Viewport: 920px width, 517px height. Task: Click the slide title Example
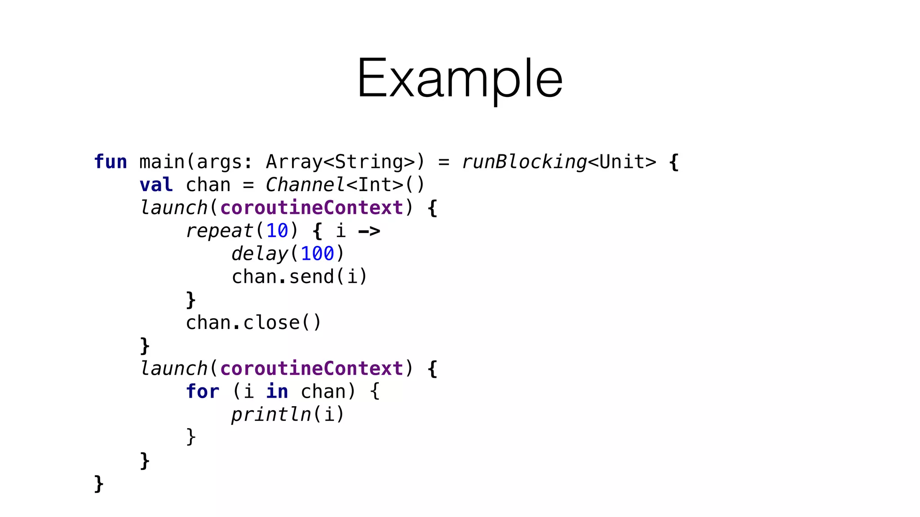(x=460, y=79)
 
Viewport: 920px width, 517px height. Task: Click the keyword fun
(x=111, y=162)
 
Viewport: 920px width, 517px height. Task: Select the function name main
(x=162, y=162)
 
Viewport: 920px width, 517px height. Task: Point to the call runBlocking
(x=524, y=162)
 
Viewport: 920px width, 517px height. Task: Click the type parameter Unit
(x=622, y=162)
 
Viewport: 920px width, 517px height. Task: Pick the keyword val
(x=156, y=185)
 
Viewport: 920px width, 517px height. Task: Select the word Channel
(x=305, y=185)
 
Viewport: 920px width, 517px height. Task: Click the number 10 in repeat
(x=277, y=231)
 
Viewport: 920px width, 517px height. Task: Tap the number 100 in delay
(x=317, y=254)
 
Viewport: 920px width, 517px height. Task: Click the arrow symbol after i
(x=369, y=231)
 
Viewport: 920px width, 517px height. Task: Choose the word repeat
(x=220, y=231)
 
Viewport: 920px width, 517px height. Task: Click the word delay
(x=259, y=254)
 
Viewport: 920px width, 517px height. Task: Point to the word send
(x=311, y=277)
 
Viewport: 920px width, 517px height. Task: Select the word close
(x=271, y=323)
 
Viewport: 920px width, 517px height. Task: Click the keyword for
(x=203, y=391)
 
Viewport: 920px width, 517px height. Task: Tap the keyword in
(x=277, y=391)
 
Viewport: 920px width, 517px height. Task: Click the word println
(x=271, y=414)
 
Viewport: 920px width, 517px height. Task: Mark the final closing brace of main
(x=99, y=484)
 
